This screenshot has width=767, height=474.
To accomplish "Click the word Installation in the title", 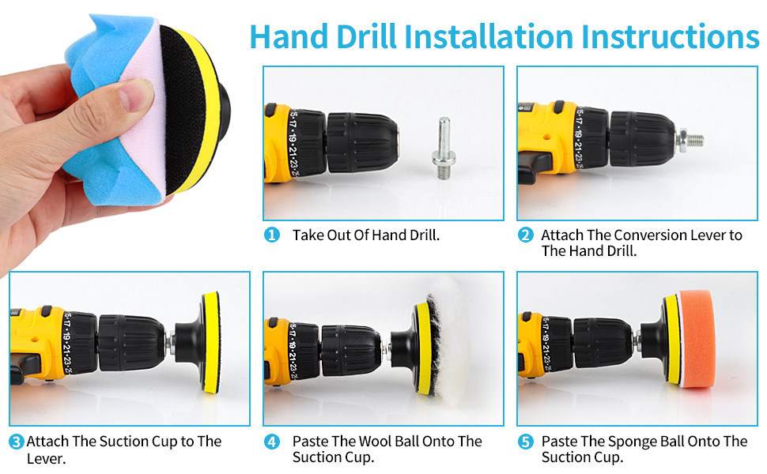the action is tap(489, 36).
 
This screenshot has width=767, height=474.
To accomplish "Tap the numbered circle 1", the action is tap(271, 235).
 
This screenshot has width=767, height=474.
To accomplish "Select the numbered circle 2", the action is tap(525, 235).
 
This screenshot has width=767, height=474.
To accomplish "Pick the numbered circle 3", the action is tap(16, 442).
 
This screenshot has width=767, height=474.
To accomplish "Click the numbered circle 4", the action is tap(271, 442).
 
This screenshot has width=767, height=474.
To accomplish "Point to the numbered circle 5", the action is tap(525, 442).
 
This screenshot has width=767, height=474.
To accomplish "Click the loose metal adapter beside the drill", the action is tap(444, 148).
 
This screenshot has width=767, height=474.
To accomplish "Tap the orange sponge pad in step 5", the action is tap(696, 339).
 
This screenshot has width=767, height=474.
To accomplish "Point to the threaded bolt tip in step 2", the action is tap(695, 141).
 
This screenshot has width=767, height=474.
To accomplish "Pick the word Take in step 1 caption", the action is tap(308, 235).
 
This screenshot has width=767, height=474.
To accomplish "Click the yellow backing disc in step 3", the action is tap(210, 343).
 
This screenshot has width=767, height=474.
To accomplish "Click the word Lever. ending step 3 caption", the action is tap(46, 459).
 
